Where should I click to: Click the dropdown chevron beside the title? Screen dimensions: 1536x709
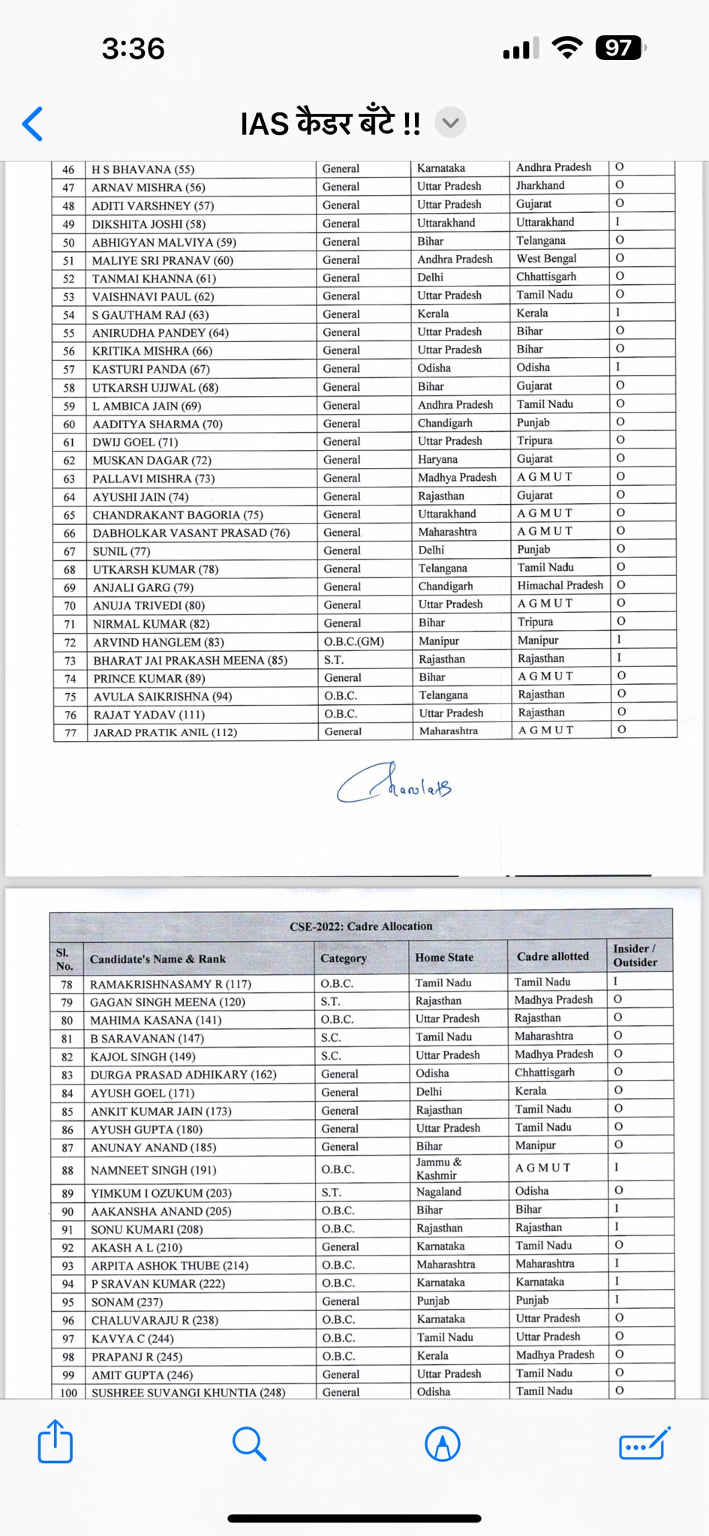tap(450, 122)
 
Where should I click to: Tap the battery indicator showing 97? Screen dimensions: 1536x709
tap(619, 48)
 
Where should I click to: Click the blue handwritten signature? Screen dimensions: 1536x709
tap(395, 784)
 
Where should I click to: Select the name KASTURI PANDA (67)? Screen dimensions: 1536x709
tap(151, 369)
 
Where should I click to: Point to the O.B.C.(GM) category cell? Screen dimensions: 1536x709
tap(354, 641)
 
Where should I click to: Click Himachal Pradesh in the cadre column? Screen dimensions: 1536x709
tap(560, 585)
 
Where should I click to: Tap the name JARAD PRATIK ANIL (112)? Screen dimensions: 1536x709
tap(165, 732)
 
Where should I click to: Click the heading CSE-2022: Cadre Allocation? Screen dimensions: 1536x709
tap(361, 926)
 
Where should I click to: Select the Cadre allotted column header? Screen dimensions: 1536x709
tap(553, 956)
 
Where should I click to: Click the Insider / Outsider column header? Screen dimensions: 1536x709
tap(635, 955)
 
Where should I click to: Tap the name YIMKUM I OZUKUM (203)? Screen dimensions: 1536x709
tap(161, 1192)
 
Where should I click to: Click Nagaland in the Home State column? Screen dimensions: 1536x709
tap(439, 1192)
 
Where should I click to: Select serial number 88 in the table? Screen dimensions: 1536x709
tap(68, 1170)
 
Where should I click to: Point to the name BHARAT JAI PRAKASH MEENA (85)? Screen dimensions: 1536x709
tap(179, 660)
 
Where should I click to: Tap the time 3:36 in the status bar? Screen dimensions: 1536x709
tap(134, 49)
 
